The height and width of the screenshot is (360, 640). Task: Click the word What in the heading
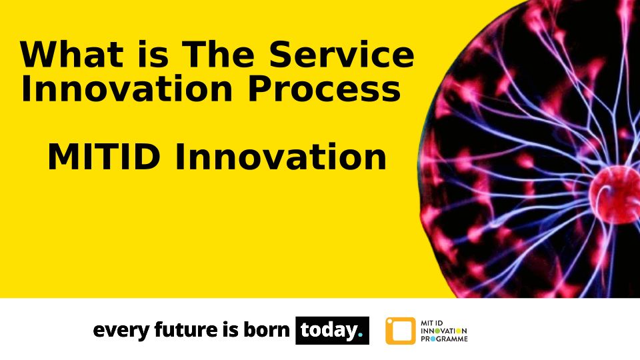(72, 54)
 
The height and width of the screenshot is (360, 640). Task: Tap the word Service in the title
(341, 54)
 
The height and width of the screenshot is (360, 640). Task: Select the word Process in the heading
(324, 88)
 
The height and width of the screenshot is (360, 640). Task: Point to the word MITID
(104, 157)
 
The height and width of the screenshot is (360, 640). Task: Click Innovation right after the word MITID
(281, 157)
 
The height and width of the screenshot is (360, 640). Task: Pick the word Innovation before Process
(127, 88)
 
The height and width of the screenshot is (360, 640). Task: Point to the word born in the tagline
(267, 329)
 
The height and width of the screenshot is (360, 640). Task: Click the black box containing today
(332, 330)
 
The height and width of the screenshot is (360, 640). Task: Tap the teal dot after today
(360, 335)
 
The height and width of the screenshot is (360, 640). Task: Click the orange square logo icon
(401, 331)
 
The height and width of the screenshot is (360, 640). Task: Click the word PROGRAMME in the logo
(444, 339)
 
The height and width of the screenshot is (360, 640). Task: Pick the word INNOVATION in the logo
(444, 331)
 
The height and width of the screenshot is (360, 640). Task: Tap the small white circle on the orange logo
(389, 321)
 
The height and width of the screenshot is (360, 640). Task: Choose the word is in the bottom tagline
(231, 329)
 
